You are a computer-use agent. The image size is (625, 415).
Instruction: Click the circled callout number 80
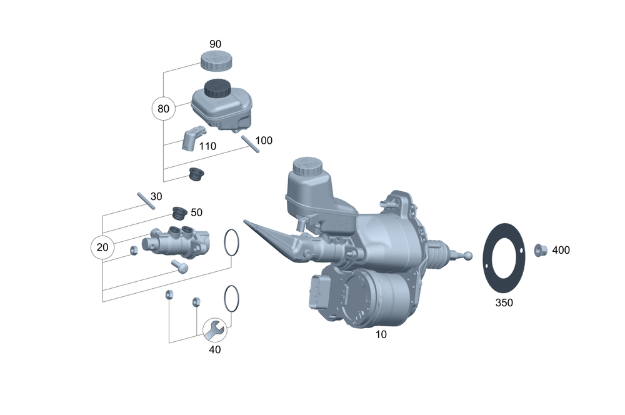(163, 108)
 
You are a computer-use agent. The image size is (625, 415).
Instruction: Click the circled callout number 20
(102, 247)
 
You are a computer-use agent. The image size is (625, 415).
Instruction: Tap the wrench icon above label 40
(215, 330)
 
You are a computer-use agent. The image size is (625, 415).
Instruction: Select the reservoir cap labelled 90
(216, 61)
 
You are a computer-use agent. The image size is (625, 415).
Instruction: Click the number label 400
(561, 250)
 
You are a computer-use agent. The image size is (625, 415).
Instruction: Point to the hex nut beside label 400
(541, 250)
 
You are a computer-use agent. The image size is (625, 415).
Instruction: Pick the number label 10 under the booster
(381, 334)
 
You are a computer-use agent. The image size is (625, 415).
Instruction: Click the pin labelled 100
(251, 144)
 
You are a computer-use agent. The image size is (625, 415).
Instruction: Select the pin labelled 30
(146, 201)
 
